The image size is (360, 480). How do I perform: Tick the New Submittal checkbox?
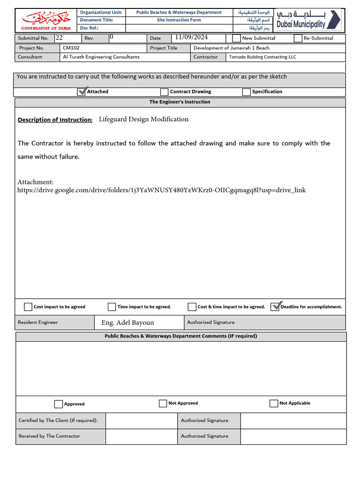237,38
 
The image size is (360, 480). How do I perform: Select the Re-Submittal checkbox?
298,38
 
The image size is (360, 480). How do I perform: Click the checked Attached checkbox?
82,91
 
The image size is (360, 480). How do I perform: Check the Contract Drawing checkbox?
164,92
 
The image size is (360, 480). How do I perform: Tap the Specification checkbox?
246,92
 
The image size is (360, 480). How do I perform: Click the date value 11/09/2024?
191,37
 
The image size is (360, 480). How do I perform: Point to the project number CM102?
70,48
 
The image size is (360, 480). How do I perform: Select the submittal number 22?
59,37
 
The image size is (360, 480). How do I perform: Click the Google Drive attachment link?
161,190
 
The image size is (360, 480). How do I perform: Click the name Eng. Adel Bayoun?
127,322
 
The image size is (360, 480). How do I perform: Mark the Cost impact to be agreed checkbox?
28,307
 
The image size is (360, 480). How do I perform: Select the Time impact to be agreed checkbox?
112,307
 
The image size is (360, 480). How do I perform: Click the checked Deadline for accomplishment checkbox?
275,307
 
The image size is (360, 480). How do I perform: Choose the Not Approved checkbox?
163,404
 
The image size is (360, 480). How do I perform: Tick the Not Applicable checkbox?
274,404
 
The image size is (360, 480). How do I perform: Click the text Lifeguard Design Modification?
143,119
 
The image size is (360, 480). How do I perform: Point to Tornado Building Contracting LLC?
262,57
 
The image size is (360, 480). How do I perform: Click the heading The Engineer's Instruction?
180,102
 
